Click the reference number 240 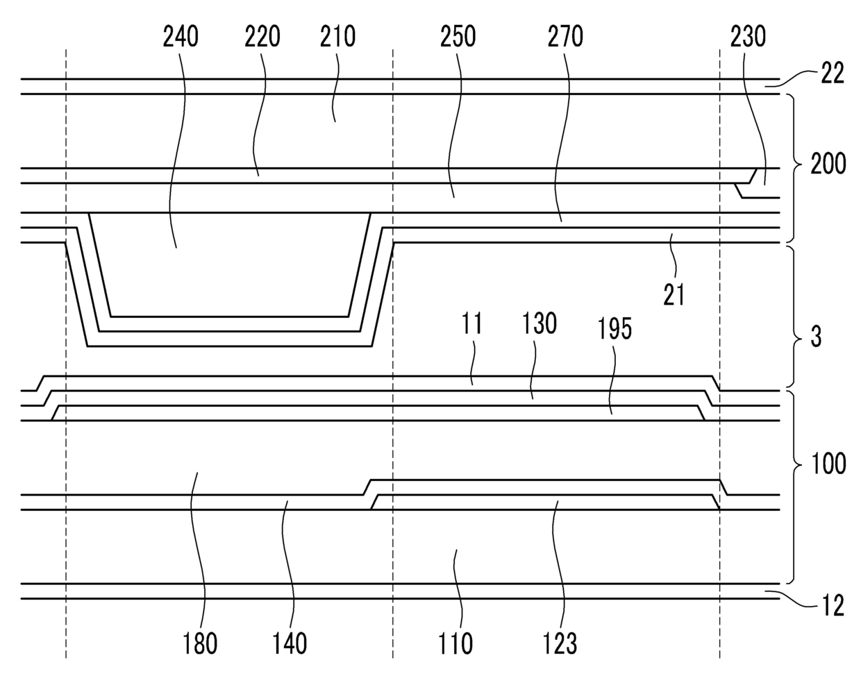pyautogui.click(x=181, y=36)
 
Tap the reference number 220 pyautogui.click(x=262, y=36)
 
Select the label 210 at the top pyautogui.click(x=338, y=36)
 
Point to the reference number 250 pyautogui.click(x=458, y=36)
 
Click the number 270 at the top pyautogui.click(x=565, y=36)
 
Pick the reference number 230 pyautogui.click(x=749, y=36)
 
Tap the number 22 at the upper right pyautogui.click(x=833, y=74)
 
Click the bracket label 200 pyautogui.click(x=828, y=165)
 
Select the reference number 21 pyautogui.click(x=674, y=294)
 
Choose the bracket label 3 pyautogui.click(x=817, y=338)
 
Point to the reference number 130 pyautogui.click(x=540, y=324)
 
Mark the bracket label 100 pyautogui.click(x=828, y=463)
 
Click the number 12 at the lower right pyautogui.click(x=833, y=607)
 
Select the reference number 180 pyautogui.click(x=199, y=643)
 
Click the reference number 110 pyautogui.click(x=455, y=643)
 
